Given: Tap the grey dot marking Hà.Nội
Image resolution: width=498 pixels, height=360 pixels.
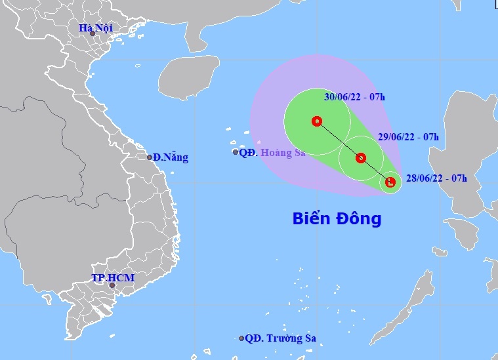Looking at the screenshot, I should pyautogui.click(x=93, y=33).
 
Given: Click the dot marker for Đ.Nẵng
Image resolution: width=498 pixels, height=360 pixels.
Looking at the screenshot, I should pyautogui.click(x=150, y=157).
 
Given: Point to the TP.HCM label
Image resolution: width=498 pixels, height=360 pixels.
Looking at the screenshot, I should pyautogui.click(x=113, y=278).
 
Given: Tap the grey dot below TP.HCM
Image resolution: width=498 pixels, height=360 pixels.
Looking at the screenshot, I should pyautogui.click(x=112, y=285).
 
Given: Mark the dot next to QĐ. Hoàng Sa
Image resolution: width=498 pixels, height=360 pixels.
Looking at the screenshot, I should pyautogui.click(x=236, y=152).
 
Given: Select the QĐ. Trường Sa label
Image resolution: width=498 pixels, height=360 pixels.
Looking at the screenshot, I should pyautogui.click(x=281, y=338).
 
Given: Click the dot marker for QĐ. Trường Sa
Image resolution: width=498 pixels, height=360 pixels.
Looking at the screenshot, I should pyautogui.click(x=241, y=338).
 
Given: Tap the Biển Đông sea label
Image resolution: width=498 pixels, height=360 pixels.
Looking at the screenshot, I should pyautogui.click(x=337, y=219).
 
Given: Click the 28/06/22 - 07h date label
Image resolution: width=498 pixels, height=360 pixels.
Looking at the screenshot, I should pyautogui.click(x=436, y=178).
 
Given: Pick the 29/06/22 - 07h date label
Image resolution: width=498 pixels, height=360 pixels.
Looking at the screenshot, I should pyautogui.click(x=409, y=137).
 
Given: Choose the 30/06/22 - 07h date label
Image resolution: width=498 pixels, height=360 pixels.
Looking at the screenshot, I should pyautogui.click(x=354, y=97).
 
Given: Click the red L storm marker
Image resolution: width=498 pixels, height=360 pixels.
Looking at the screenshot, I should pyautogui.click(x=390, y=182).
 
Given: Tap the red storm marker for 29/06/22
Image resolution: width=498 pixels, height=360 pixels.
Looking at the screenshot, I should pyautogui.click(x=360, y=157).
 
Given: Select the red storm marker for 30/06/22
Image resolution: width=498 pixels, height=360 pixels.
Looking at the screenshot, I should pyautogui.click(x=317, y=121).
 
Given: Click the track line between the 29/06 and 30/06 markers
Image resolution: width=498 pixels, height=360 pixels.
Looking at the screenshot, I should pyautogui.click(x=339, y=139).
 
